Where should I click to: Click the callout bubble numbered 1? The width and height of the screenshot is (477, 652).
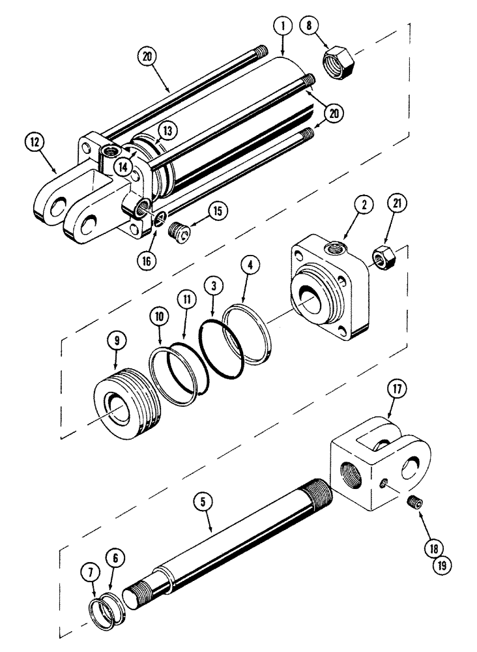[x=282, y=27]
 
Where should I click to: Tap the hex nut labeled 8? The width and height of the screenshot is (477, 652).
[x=338, y=63]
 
